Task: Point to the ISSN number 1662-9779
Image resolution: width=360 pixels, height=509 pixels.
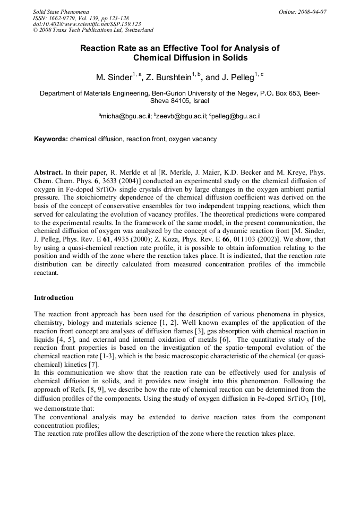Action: [x=63, y=18]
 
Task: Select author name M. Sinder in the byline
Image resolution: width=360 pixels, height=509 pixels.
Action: [x=113, y=77]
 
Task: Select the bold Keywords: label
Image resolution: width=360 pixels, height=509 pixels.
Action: [x=51, y=139]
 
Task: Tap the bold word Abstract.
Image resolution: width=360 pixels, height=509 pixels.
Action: [x=48, y=173]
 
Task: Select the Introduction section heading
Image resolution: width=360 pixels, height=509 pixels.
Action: [x=54, y=297]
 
